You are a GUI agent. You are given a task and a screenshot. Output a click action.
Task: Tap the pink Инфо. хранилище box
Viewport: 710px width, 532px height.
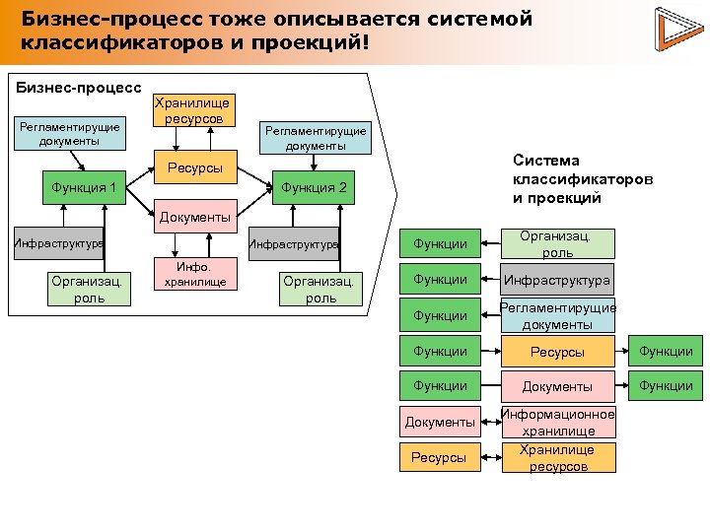click(195, 274)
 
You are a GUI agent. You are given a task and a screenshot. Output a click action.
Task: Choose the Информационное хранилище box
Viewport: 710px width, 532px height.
click(558, 422)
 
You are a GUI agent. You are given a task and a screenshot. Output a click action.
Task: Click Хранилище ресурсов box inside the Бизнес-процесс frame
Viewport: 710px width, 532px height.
click(194, 109)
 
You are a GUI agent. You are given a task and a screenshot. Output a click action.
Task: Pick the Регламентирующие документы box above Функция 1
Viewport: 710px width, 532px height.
click(68, 133)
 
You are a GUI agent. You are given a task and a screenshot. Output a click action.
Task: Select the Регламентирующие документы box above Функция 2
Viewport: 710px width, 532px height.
click(315, 138)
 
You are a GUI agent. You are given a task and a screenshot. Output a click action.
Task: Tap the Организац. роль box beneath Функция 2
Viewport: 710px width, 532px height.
click(321, 289)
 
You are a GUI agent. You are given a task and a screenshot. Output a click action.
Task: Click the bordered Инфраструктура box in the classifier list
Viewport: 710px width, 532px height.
click(558, 281)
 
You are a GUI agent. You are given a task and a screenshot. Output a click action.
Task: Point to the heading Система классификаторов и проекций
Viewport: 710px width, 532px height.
click(582, 178)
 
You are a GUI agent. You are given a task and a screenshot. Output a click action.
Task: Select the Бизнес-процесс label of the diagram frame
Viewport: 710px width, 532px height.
click(80, 87)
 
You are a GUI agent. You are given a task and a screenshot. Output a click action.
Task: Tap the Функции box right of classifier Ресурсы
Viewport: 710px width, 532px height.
click(666, 351)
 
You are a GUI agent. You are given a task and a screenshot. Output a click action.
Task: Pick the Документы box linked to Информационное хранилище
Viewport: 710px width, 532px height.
click(440, 422)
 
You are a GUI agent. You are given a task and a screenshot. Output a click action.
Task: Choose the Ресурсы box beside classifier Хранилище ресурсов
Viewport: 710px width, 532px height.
click(440, 457)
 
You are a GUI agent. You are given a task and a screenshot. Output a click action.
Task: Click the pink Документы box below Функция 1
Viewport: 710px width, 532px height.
click(194, 216)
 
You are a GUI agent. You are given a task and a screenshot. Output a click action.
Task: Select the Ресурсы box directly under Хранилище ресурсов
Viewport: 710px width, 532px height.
click(194, 168)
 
